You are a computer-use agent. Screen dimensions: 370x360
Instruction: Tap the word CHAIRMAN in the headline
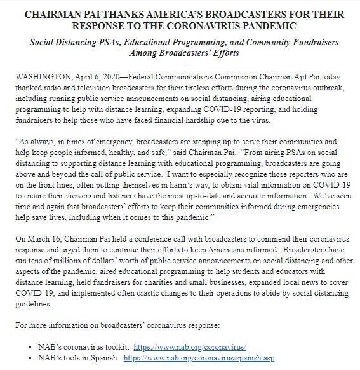51,11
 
